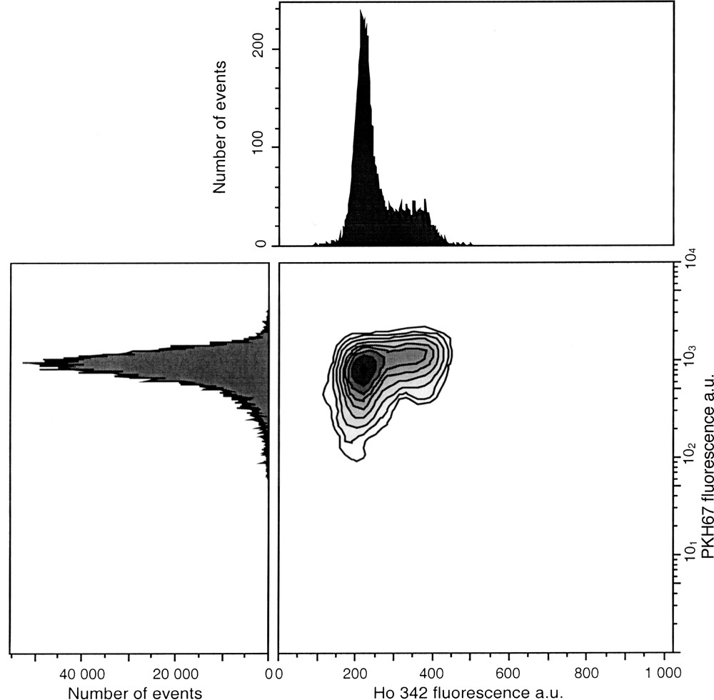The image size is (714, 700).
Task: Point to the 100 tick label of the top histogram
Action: coord(263,147)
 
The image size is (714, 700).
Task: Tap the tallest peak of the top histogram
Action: coord(361,11)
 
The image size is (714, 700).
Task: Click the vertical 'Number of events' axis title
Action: coord(221,127)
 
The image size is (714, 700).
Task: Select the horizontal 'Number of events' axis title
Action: coord(135,691)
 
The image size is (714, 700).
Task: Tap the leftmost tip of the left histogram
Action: coord(24,363)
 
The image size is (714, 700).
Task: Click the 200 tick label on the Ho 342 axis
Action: coord(355,673)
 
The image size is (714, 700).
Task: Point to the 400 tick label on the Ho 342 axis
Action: coord(432,673)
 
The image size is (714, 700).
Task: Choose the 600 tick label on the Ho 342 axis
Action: coord(509,673)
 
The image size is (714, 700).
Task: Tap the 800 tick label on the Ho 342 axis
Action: coord(586,673)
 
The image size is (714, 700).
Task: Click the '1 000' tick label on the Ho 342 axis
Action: coord(662,673)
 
